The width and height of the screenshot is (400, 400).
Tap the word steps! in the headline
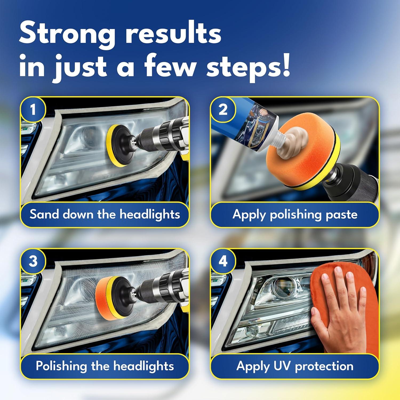click(x=248, y=67)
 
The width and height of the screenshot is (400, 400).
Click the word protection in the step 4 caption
click(x=324, y=366)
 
